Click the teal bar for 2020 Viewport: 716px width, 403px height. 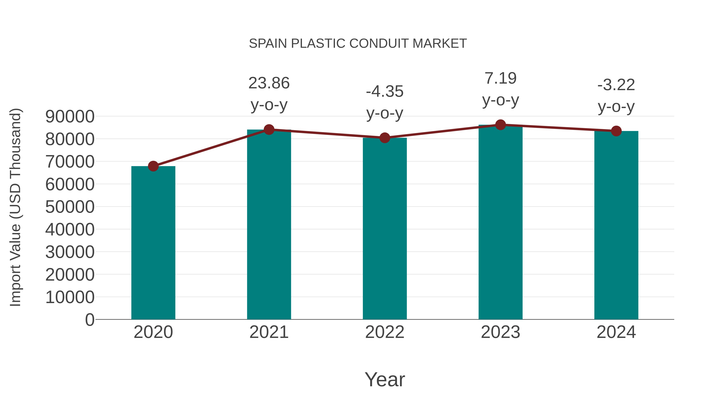pos(153,243)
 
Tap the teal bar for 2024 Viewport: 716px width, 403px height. pos(616,225)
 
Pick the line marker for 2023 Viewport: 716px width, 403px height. pos(500,125)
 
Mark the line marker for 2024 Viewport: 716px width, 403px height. pos(616,131)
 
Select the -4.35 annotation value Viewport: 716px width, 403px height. pos(385,92)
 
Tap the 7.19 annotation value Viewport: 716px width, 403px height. pos(500,78)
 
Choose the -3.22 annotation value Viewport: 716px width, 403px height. pos(616,85)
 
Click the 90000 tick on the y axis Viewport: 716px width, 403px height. pos(70,117)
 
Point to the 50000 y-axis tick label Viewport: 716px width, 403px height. pos(70,207)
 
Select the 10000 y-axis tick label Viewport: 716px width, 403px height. pos(70,297)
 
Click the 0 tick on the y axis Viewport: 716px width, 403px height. pos(89,320)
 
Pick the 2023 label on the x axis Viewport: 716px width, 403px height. pos(500,332)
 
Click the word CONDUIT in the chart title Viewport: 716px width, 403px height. pos(378,44)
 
